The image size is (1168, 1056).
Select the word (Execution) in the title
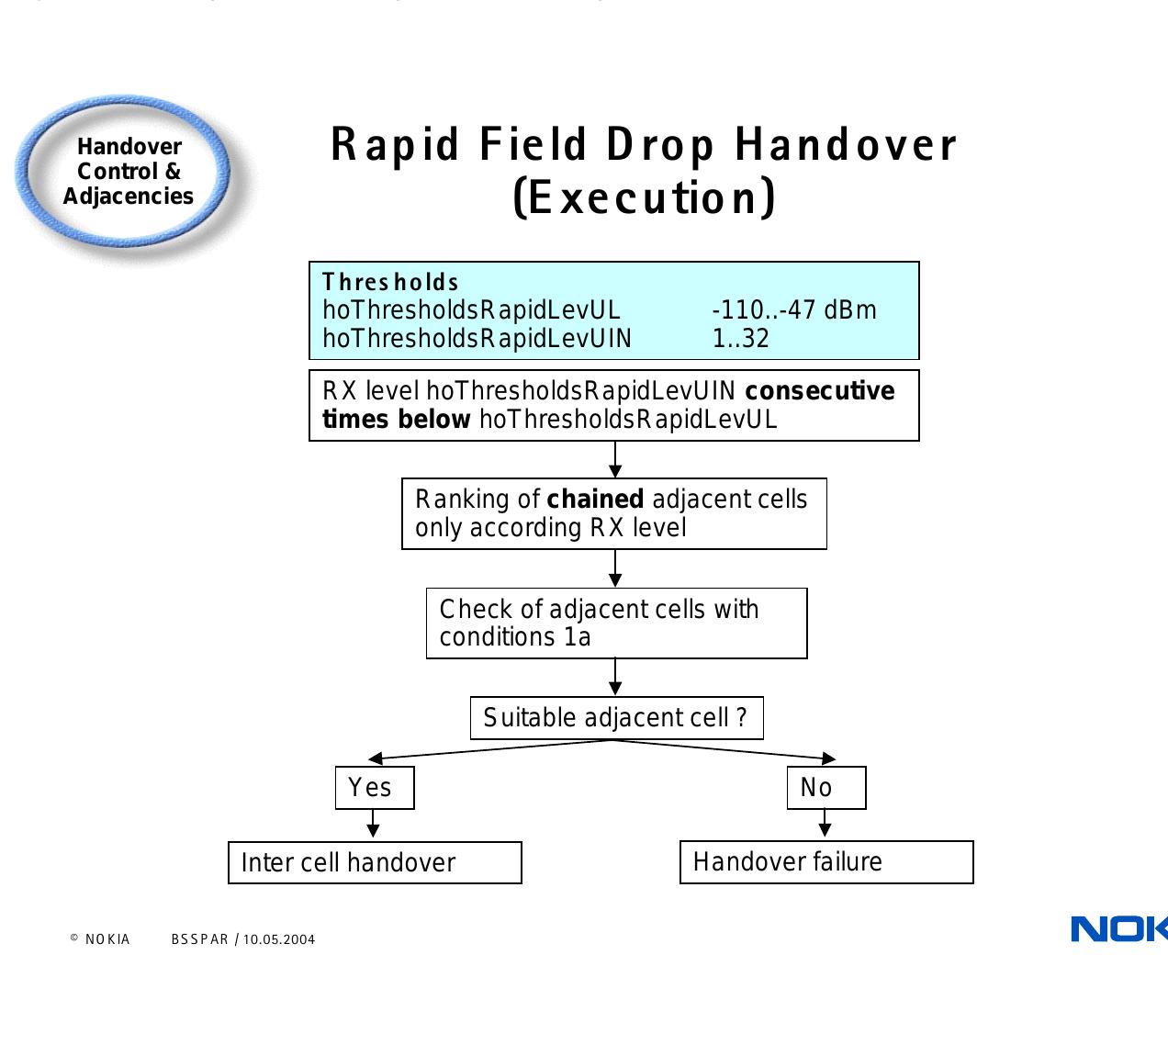tap(644, 197)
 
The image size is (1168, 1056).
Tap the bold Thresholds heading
tap(390, 282)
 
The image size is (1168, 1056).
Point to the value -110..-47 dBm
tap(793, 310)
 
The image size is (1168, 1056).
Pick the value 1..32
tap(740, 339)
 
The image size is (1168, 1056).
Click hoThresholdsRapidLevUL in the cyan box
tap(471, 310)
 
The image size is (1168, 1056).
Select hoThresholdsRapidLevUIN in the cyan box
tap(477, 339)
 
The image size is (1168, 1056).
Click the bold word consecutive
tap(819, 391)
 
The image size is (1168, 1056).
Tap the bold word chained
tap(595, 499)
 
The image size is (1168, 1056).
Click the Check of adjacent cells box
tap(616, 623)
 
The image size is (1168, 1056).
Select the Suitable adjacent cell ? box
tap(616, 717)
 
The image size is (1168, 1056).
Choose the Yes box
tap(375, 788)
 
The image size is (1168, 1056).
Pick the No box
tap(825, 788)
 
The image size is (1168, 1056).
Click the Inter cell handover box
tap(375, 862)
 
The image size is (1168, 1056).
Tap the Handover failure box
tap(825, 862)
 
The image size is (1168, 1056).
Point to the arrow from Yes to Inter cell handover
tap(373, 824)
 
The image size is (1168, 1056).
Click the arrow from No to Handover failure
tap(825, 823)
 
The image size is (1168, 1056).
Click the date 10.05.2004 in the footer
tap(279, 939)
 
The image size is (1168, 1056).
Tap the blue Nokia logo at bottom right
tap(1118, 929)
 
